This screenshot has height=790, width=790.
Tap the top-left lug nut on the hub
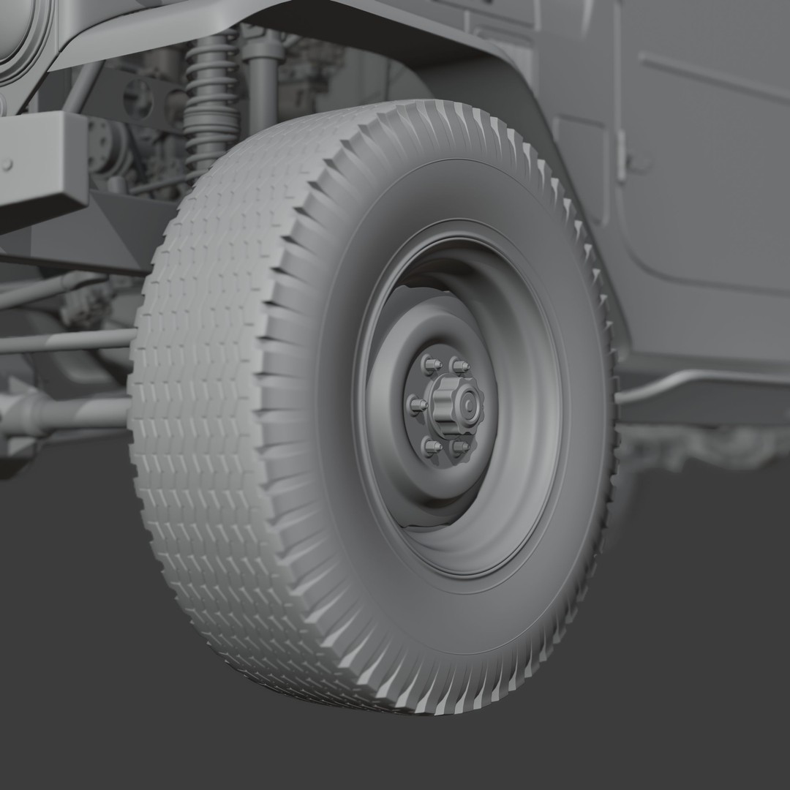(x=430, y=363)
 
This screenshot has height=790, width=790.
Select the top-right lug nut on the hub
(x=459, y=364)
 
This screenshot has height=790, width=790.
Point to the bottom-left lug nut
(x=432, y=444)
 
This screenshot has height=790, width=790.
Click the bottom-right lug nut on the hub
(x=460, y=445)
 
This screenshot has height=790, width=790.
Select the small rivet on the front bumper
(x=7, y=165)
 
